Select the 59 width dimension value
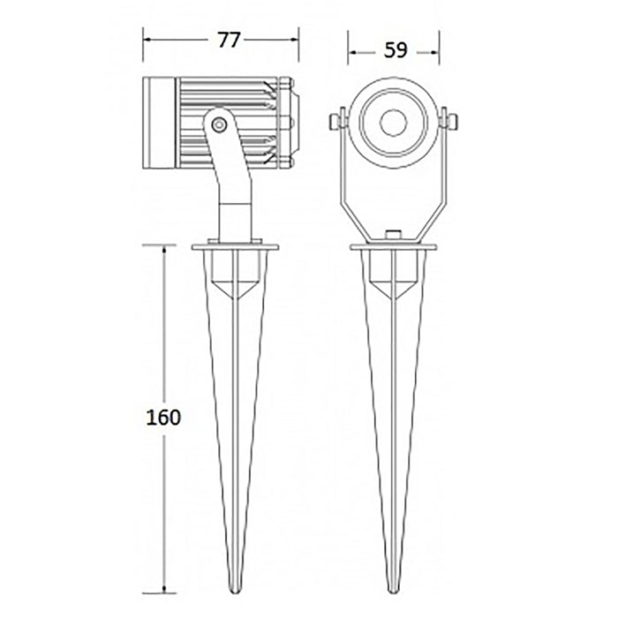point(395,50)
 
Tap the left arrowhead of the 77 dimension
point(148,40)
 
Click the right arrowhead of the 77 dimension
point(295,40)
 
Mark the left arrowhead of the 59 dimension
point(352,51)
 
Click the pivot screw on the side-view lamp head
point(219,125)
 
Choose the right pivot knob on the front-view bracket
point(449,119)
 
